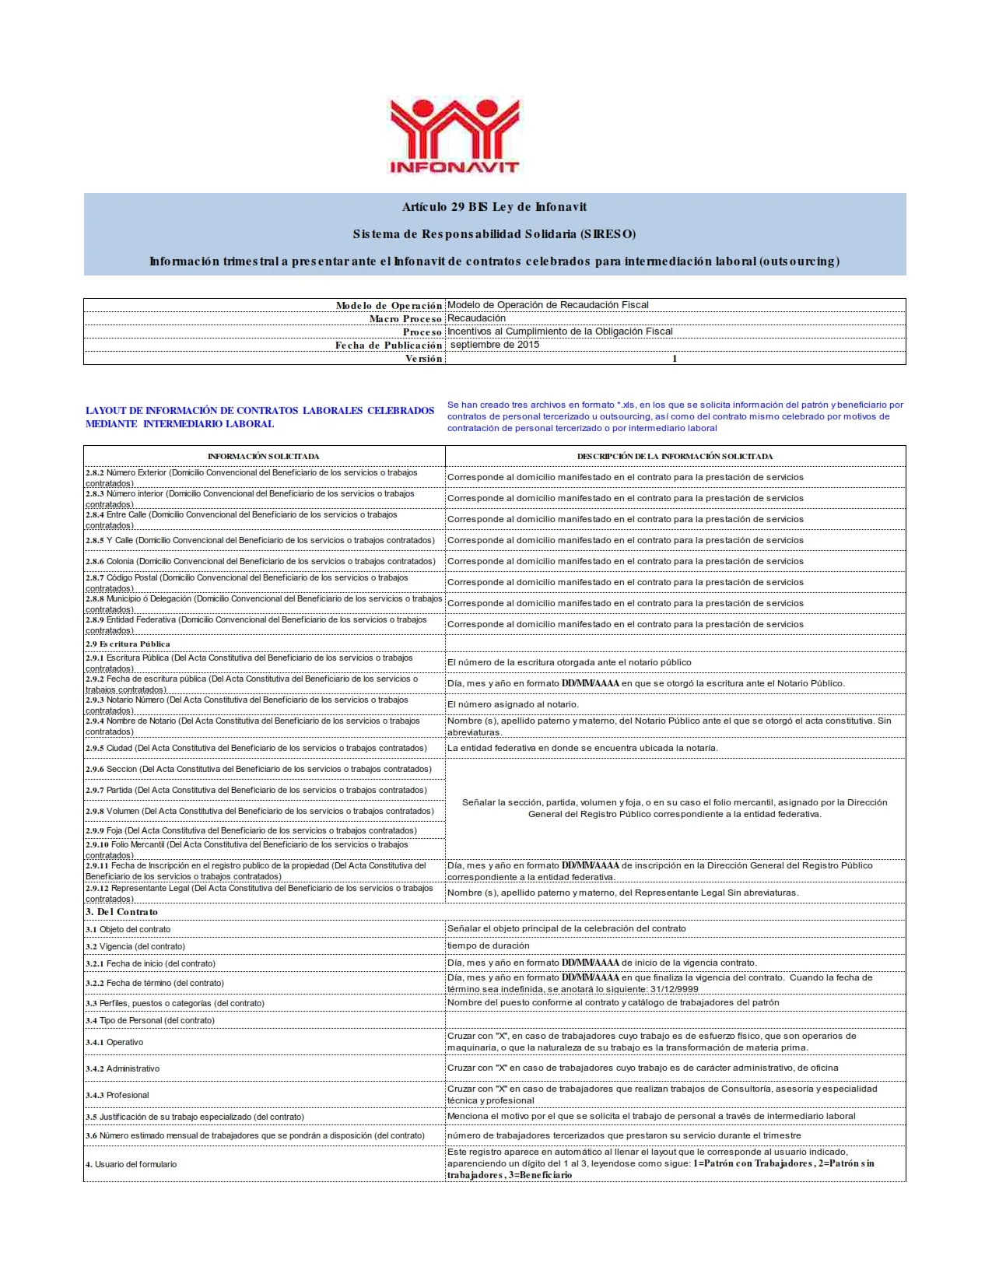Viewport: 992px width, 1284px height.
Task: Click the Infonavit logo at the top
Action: point(454,135)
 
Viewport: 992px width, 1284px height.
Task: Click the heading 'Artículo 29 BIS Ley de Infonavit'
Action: point(494,207)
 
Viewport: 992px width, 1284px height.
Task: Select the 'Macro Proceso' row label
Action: point(405,318)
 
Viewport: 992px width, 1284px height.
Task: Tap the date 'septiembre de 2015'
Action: point(494,345)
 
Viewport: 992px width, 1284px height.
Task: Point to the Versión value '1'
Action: point(675,359)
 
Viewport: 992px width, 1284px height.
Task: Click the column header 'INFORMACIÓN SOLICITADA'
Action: point(263,456)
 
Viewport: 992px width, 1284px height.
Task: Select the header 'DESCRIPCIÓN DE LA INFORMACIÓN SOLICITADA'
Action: point(675,456)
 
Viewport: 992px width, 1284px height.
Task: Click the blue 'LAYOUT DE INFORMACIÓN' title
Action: point(259,417)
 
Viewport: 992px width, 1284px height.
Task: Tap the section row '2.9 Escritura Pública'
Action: point(128,644)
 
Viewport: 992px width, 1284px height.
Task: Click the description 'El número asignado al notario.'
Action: point(513,704)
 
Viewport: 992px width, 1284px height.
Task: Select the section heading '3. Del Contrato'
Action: point(121,912)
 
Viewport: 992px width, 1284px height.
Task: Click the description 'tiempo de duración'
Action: point(488,945)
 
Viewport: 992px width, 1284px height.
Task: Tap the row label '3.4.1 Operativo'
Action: point(114,1042)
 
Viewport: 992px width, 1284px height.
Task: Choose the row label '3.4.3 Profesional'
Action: point(117,1095)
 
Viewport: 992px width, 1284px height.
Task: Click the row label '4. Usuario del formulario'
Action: point(131,1164)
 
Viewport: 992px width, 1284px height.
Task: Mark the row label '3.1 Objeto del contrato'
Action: point(128,929)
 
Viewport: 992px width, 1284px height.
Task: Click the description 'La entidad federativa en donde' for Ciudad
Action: point(582,748)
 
